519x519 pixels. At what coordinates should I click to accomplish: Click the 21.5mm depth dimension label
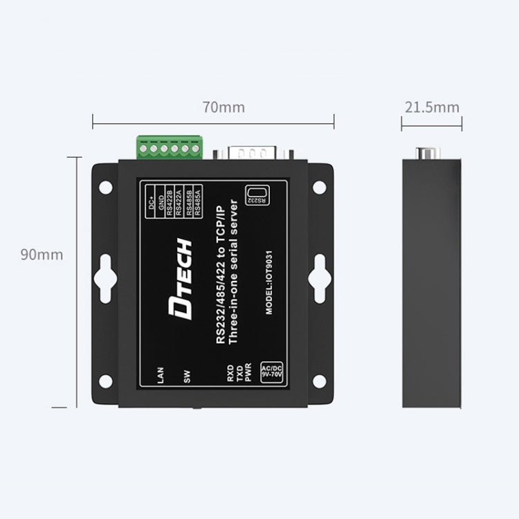[432, 107]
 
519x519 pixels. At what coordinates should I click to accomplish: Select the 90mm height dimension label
[42, 255]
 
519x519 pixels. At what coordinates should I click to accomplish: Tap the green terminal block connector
[170, 147]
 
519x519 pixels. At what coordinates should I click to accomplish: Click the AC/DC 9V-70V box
[270, 372]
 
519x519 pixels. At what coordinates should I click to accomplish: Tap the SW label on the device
[187, 377]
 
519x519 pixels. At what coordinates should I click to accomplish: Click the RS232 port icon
[257, 195]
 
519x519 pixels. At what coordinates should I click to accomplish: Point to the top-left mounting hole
[105, 187]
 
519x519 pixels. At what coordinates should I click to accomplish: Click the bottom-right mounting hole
[319, 381]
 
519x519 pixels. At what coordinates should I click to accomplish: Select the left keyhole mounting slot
[105, 277]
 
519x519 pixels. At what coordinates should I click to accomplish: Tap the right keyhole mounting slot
[319, 277]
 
